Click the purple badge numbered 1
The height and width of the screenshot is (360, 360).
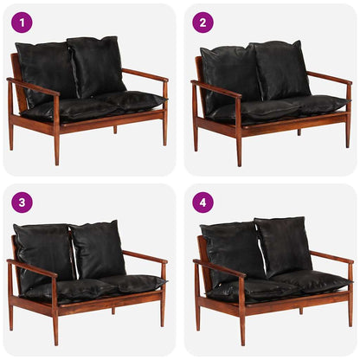tap(21, 22)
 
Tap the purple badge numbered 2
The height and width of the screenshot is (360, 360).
tap(202, 22)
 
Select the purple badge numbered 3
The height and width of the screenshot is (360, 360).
tap(21, 202)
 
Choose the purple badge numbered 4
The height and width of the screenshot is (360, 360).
tap(202, 202)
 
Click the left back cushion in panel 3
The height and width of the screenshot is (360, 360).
tap(43, 253)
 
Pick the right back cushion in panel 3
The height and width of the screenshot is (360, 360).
tap(97, 249)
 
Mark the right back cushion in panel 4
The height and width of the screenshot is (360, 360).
tap(284, 246)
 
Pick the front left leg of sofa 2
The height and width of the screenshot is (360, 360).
tap(239, 151)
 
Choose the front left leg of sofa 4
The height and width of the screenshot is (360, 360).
tap(242, 332)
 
